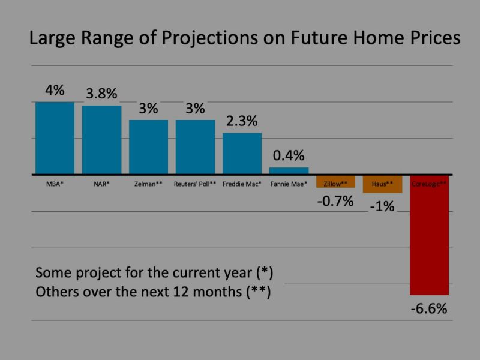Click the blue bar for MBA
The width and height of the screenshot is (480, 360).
(55, 138)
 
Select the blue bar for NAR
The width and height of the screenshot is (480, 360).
(101, 140)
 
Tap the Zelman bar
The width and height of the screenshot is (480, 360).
(148, 147)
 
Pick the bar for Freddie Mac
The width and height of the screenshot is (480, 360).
(242, 154)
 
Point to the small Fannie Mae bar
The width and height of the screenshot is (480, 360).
(289, 171)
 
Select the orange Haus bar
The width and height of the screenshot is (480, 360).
(382, 184)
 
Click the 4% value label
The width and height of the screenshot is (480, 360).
(55, 91)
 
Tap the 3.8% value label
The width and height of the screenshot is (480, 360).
(101, 94)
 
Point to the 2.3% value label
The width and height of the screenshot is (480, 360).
(242, 121)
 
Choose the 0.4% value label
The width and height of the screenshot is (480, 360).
(289, 156)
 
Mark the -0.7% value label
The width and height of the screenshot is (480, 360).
(335, 201)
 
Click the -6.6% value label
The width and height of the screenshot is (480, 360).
(429, 310)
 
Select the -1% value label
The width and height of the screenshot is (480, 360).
(382, 207)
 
